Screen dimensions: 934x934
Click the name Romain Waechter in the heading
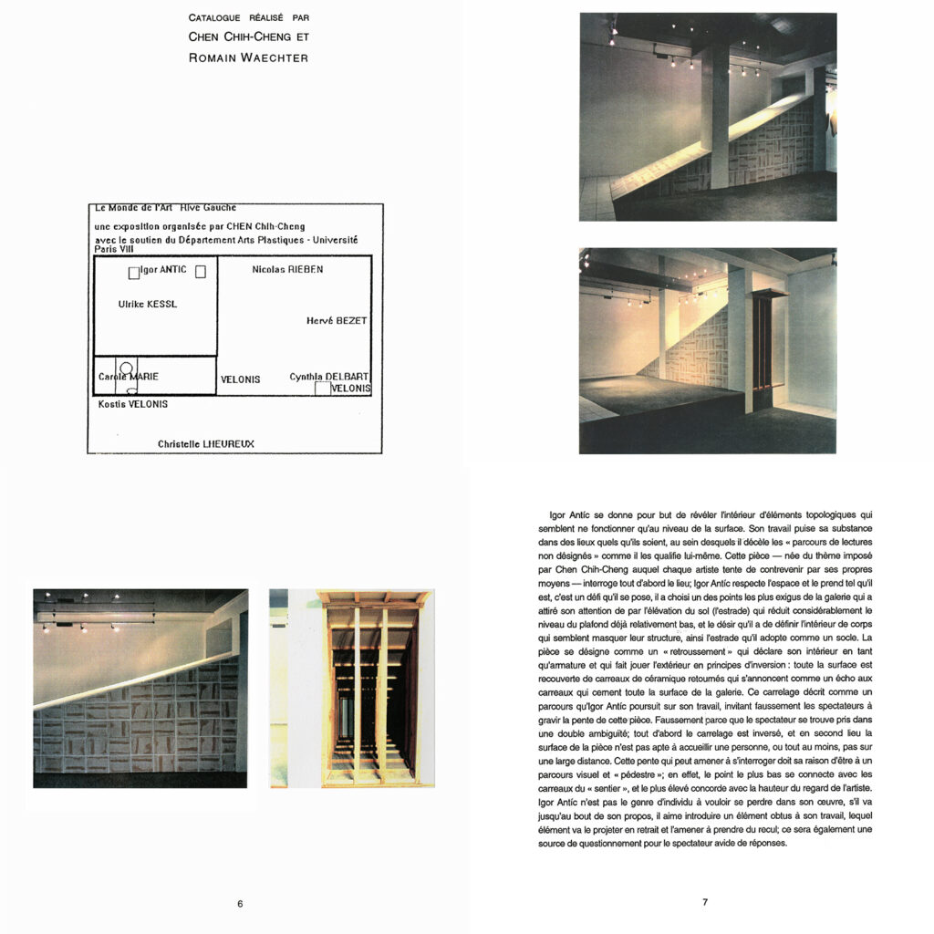pyautogui.click(x=248, y=57)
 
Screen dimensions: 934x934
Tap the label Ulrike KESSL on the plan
pyautogui.click(x=147, y=304)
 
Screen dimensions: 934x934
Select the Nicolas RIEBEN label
pyautogui.click(x=287, y=269)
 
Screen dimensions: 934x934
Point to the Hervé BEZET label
pyautogui.click(x=337, y=320)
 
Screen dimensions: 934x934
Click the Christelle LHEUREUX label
pyautogui.click(x=206, y=444)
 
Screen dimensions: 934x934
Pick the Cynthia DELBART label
pyautogui.click(x=328, y=377)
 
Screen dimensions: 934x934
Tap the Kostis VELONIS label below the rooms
pyautogui.click(x=133, y=404)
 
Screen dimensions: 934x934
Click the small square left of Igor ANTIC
pyautogui.click(x=134, y=274)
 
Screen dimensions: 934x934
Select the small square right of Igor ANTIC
pyautogui.click(x=201, y=272)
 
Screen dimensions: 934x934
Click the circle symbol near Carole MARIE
pyautogui.click(x=126, y=368)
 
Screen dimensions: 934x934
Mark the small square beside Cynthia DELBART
pyautogui.click(x=323, y=389)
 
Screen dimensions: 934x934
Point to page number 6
pyautogui.click(x=240, y=904)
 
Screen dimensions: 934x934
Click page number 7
pyautogui.click(x=705, y=902)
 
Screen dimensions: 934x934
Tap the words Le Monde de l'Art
pyautogui.click(x=133, y=207)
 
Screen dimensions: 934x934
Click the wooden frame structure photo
pyautogui.click(x=352, y=689)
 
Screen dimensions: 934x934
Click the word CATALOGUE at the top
pyautogui.click(x=214, y=18)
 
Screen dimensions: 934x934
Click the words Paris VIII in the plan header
pyautogui.click(x=114, y=249)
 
